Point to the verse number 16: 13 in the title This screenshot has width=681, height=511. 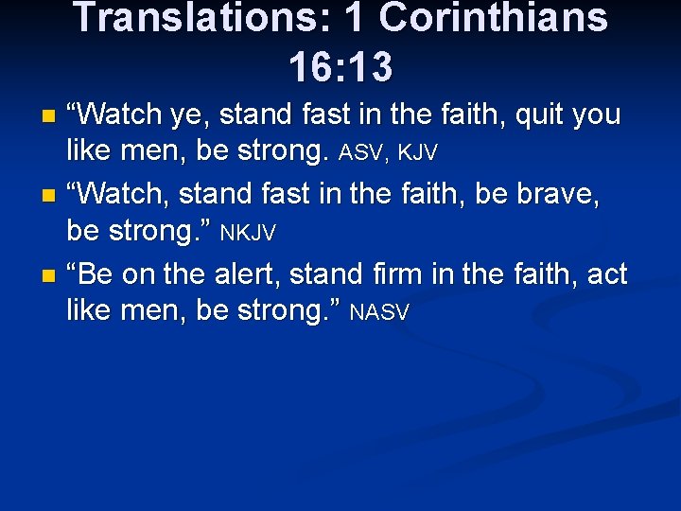(340, 66)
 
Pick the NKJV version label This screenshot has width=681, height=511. (248, 232)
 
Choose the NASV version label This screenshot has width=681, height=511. (379, 311)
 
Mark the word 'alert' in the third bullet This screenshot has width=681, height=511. (240, 275)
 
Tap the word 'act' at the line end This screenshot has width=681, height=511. (607, 275)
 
